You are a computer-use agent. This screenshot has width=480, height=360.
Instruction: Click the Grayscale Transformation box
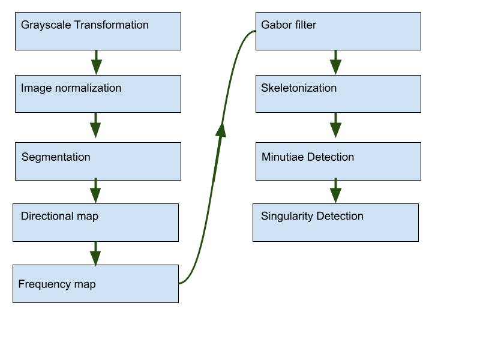[98, 31]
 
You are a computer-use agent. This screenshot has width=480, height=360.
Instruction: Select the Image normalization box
[98, 94]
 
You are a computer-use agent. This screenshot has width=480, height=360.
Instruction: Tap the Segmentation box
[98, 161]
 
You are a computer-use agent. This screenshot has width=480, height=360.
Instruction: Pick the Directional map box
[96, 223]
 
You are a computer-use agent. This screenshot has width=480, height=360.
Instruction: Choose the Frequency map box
[96, 284]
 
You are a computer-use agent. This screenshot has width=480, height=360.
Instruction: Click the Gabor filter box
[338, 31]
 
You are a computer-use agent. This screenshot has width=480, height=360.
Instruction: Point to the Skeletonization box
[338, 94]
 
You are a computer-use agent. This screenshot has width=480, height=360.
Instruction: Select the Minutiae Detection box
[338, 161]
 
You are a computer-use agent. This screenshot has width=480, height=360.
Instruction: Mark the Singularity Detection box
[335, 223]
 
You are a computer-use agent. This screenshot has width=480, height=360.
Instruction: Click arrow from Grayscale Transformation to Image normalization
[95, 62]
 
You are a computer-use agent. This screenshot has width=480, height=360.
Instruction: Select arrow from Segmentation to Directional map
[95, 191]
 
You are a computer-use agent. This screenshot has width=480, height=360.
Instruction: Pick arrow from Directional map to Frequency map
[95, 253]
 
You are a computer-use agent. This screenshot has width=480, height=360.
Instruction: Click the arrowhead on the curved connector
[221, 129]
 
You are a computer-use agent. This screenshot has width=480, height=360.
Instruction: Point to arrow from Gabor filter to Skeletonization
[336, 62]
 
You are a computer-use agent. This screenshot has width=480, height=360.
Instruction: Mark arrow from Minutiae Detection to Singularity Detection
[336, 191]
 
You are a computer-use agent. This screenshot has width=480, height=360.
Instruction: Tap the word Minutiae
[283, 157]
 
